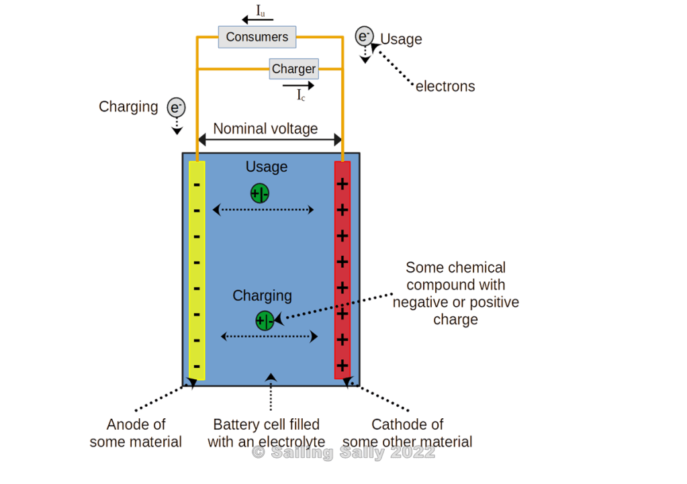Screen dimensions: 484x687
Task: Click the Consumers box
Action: [257, 37]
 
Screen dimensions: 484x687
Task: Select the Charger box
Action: [293, 68]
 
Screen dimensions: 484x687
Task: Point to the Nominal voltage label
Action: [265, 128]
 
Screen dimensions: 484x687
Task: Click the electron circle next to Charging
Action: [176, 107]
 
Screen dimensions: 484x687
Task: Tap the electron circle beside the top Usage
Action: [364, 36]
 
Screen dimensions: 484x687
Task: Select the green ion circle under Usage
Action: [260, 193]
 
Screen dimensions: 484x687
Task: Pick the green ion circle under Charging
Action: [265, 320]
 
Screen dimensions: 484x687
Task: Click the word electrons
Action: [445, 86]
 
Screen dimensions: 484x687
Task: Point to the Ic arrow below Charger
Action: [298, 86]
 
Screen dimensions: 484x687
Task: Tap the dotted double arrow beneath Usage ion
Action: [263, 210]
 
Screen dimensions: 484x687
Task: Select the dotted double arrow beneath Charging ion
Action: [269, 336]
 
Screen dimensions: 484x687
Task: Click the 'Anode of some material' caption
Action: [136, 433]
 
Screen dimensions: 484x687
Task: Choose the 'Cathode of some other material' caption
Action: [407, 433]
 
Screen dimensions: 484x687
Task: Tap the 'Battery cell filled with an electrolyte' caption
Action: [267, 433]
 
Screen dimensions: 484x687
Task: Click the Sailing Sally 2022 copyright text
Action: [343, 452]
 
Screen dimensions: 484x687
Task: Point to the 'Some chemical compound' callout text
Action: [456, 293]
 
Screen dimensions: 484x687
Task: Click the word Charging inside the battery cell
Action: [262, 295]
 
